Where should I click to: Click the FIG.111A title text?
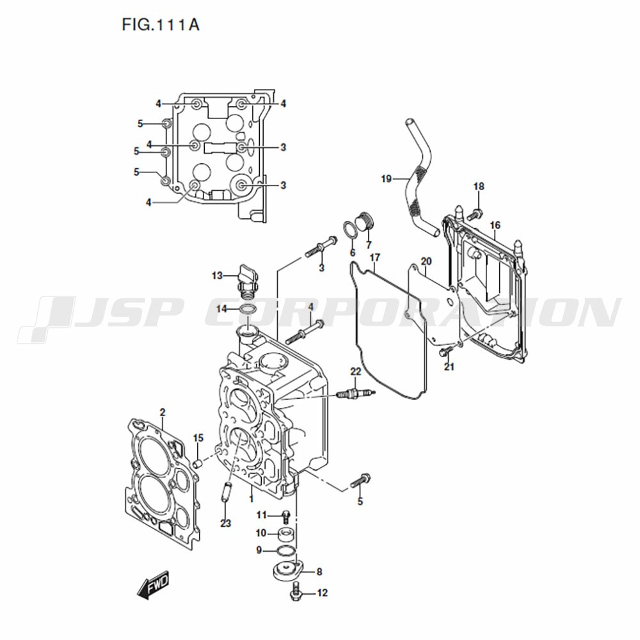161,26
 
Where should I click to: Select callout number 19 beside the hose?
386,179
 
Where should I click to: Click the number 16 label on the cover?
495,225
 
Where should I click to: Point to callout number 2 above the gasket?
163,413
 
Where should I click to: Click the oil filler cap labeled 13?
246,278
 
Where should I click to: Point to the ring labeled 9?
285,551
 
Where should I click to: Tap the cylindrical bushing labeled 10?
287,534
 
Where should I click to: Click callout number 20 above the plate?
426,261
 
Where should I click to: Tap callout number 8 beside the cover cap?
319,572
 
